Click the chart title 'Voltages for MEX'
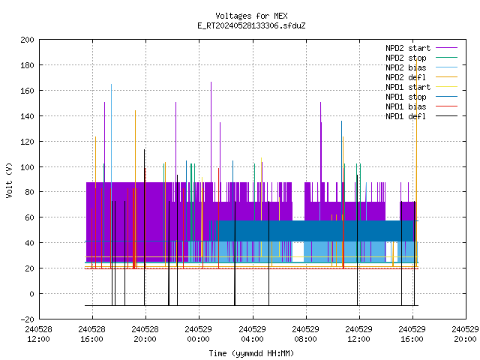click(x=251, y=16)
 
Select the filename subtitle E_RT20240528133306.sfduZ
click(x=251, y=25)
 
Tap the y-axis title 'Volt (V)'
click(x=9, y=181)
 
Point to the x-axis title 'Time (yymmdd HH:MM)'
click(x=251, y=353)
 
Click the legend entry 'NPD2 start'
click(x=421, y=48)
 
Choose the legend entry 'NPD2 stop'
click(x=421, y=58)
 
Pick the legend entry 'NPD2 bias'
click(x=421, y=67)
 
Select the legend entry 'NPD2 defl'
click(x=421, y=77)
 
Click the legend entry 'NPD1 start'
click(x=421, y=87)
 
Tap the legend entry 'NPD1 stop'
click(x=421, y=97)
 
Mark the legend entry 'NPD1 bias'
click(x=421, y=106)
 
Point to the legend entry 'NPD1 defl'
click(x=421, y=116)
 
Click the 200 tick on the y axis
click(x=27, y=40)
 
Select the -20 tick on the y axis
click(x=27, y=319)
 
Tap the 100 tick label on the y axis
click(x=27, y=167)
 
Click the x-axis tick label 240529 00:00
click(x=199, y=334)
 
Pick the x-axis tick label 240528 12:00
click(x=38, y=334)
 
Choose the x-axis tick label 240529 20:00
click(x=465, y=334)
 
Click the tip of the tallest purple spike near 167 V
click(x=211, y=82)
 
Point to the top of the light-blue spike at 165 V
click(x=112, y=84)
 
